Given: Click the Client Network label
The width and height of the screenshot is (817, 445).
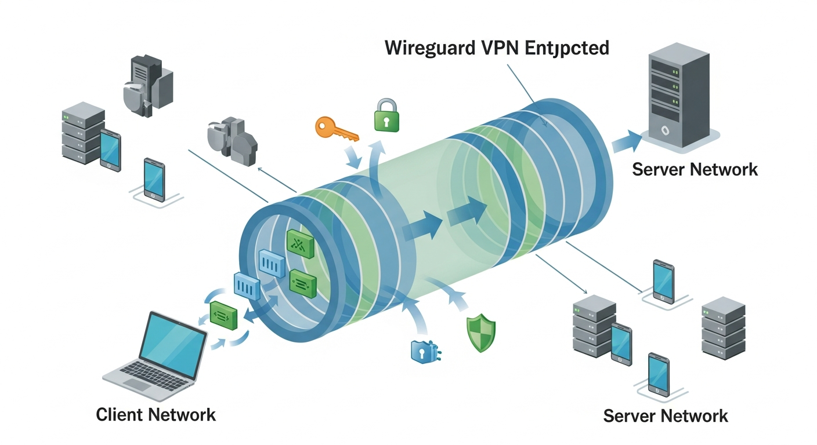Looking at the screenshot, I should pyautogui.click(x=156, y=415).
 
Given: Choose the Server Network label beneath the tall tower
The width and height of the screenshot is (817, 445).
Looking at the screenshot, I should pyautogui.click(x=695, y=169).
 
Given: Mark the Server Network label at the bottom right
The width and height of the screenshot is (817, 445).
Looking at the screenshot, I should pyautogui.click(x=665, y=415).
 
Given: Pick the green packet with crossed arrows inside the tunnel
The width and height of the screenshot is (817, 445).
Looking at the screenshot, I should pyautogui.click(x=300, y=244).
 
